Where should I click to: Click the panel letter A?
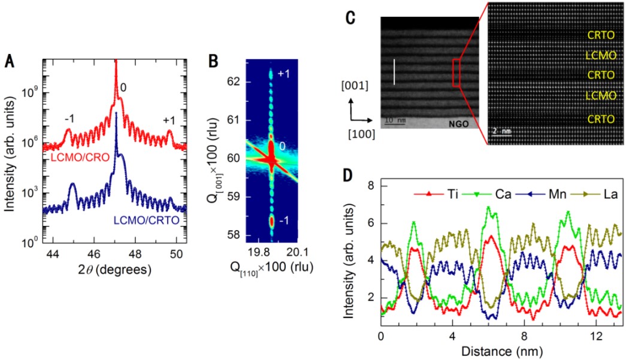pyautogui.click(x=10, y=60)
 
